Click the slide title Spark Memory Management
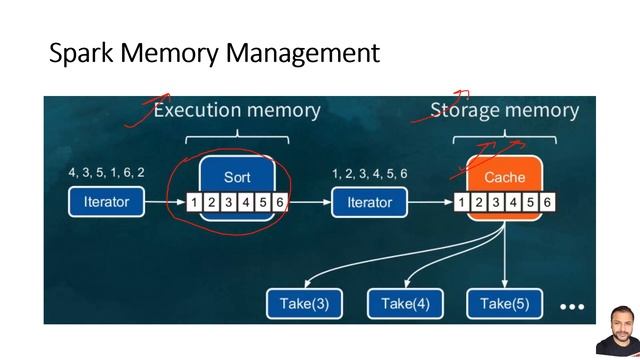click(x=214, y=53)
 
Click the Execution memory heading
click(x=237, y=110)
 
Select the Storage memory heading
click(x=504, y=110)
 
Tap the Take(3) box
click(x=304, y=303)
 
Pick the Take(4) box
click(x=404, y=303)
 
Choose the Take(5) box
click(x=504, y=303)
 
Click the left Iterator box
click(x=106, y=202)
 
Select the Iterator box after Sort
click(x=369, y=202)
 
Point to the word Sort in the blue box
click(x=237, y=177)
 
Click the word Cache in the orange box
click(x=504, y=177)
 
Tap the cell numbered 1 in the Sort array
click(x=194, y=203)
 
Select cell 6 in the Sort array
click(x=280, y=203)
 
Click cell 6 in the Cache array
click(x=547, y=203)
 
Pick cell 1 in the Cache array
click(x=461, y=203)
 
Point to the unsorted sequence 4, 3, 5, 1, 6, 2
click(x=106, y=173)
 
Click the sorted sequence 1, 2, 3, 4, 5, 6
click(x=369, y=173)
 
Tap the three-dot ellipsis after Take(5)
click(x=571, y=306)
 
